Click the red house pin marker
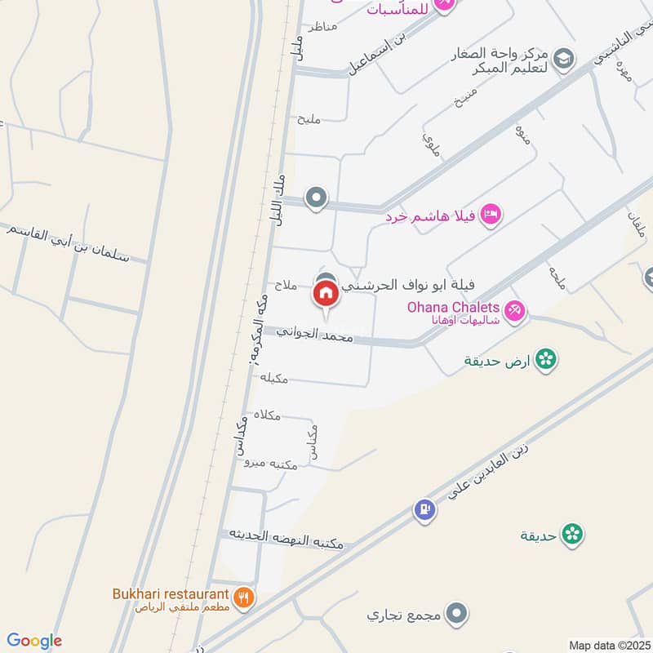click(x=326, y=292)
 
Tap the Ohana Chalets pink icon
click(x=515, y=309)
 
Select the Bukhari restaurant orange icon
click(x=243, y=597)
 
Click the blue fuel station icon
click(x=424, y=509)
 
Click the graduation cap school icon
click(x=562, y=58)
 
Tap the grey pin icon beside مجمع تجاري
click(x=459, y=611)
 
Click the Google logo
click(x=34, y=641)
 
